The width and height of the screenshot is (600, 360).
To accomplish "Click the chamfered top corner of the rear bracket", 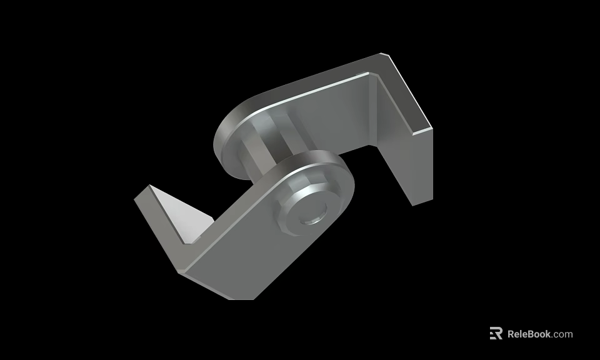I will point(386,56).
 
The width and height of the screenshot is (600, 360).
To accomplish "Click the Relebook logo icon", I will point(496,334).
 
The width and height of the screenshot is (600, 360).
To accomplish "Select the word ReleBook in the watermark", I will point(529,334).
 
